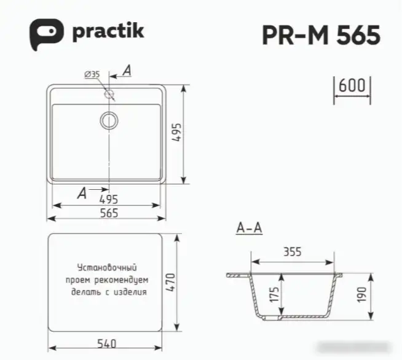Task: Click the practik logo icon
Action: coord(46,33)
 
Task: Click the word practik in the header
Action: coord(108,31)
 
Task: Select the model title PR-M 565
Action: coord(321,35)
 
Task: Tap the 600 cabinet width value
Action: coord(352,85)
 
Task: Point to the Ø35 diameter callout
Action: coord(92,74)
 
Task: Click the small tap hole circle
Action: coord(109,94)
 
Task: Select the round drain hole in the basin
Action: coord(109,120)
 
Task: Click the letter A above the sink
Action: coord(127,71)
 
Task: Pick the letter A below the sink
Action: coord(82,194)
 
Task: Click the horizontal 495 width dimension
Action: coord(108,199)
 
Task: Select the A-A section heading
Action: coord(249,229)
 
